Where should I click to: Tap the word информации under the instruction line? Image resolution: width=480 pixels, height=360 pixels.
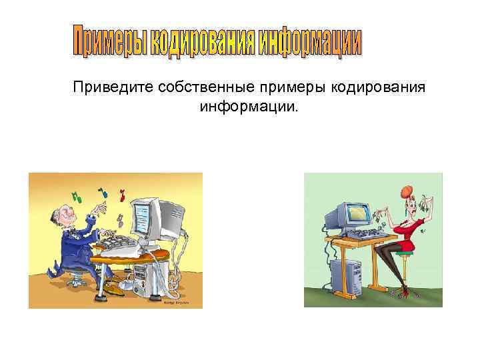[x=246, y=107]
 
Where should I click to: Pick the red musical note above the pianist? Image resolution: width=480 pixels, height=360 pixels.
[x=122, y=196]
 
